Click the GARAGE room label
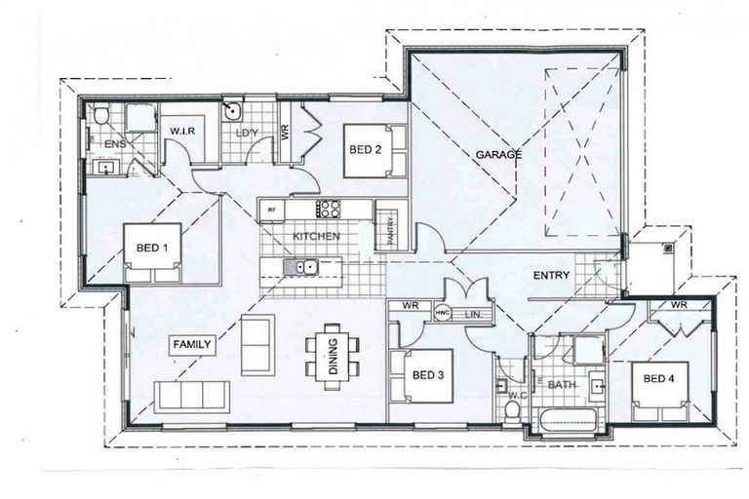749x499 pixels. coord(499,155)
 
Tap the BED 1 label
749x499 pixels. coord(152,249)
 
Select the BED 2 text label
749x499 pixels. coord(364,149)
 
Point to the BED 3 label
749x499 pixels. coord(428,374)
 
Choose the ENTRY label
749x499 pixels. coord(551,276)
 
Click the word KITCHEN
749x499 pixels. coord(317,237)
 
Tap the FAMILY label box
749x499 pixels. coord(192,344)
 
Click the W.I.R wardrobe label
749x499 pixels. coord(185,131)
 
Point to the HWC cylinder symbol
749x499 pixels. coord(442,312)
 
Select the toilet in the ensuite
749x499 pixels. coord(101,118)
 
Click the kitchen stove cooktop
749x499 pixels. coord(328,208)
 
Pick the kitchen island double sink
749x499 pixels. coord(299,266)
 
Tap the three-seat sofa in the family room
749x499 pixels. coord(192,395)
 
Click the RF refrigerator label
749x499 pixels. coord(272,208)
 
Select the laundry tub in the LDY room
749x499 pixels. coord(233,110)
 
